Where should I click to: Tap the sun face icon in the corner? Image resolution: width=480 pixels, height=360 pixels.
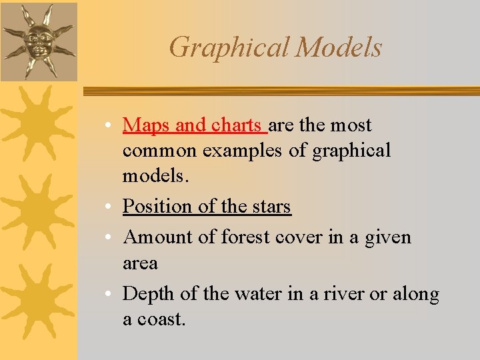(x=37, y=39)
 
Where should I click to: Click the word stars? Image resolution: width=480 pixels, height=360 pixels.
(x=271, y=207)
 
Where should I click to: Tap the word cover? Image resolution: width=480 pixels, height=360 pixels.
(x=301, y=237)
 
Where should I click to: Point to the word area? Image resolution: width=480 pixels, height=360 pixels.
(x=140, y=263)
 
